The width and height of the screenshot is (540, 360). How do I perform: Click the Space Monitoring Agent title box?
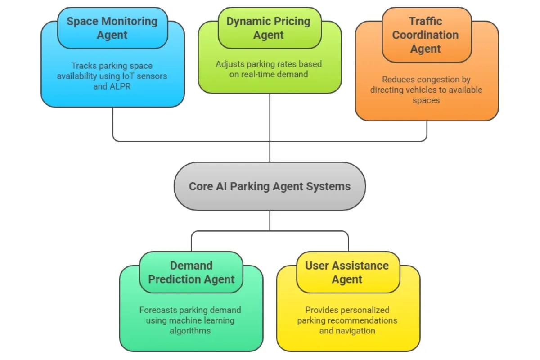tap(112, 28)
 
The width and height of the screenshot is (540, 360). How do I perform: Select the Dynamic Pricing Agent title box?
tap(269, 28)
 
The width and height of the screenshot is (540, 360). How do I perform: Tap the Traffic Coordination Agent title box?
tap(426, 35)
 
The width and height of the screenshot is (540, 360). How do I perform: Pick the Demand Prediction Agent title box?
tap(191, 272)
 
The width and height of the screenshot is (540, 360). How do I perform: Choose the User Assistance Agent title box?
tap(347, 272)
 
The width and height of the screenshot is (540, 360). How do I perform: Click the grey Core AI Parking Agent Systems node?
tap(270, 186)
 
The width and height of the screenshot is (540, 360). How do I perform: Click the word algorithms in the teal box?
tap(190, 330)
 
